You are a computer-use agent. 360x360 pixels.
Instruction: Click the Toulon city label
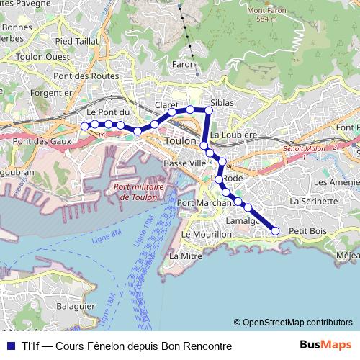coord(180,141)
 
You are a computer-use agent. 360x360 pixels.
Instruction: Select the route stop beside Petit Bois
coord(275,230)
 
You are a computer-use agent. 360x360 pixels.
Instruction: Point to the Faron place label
coord(184,64)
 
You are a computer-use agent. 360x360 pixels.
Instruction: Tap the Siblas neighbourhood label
coord(222,103)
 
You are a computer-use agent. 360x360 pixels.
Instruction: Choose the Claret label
coord(166,104)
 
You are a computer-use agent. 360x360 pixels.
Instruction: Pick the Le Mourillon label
coord(207,235)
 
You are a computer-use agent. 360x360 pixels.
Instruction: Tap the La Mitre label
coord(185,256)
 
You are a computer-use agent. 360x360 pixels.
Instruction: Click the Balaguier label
coord(76,305)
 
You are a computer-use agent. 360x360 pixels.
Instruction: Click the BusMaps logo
coord(325,345)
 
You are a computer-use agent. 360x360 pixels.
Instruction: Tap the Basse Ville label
coord(184,163)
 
